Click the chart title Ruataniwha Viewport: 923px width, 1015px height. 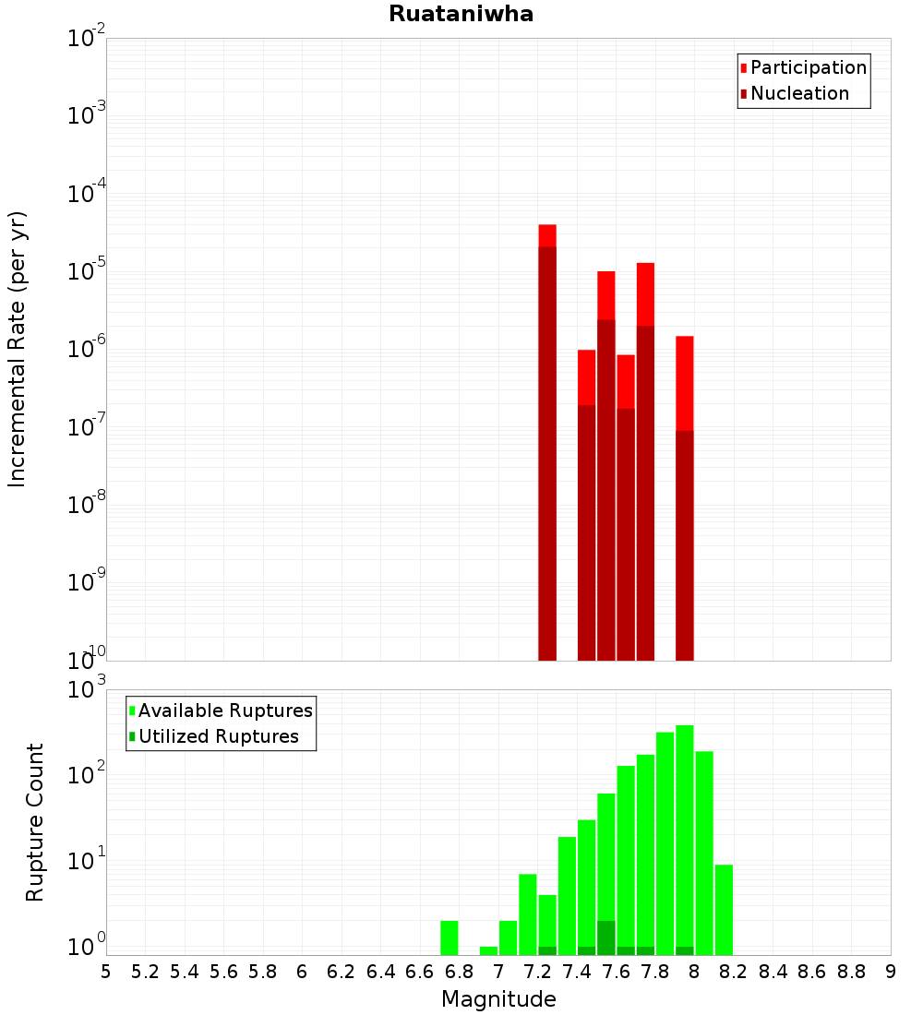tap(461, 14)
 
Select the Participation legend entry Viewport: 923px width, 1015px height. tap(808, 67)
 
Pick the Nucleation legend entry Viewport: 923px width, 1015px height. tap(799, 93)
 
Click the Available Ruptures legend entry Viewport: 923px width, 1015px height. tap(224, 710)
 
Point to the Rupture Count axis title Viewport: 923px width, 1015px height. tap(35, 822)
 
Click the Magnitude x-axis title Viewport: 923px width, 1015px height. tap(498, 999)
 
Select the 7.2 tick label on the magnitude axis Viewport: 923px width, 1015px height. tap(537, 972)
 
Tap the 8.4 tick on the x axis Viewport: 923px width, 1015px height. tap(773, 972)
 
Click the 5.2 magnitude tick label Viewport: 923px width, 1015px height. tap(145, 972)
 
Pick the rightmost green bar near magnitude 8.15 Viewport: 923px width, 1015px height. tap(724, 909)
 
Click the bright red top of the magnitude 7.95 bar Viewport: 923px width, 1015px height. tap(684, 382)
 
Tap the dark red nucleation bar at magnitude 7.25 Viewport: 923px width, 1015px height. tap(547, 452)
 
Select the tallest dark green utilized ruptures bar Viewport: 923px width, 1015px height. tap(606, 937)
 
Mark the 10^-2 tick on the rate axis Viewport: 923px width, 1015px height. tap(87, 38)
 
